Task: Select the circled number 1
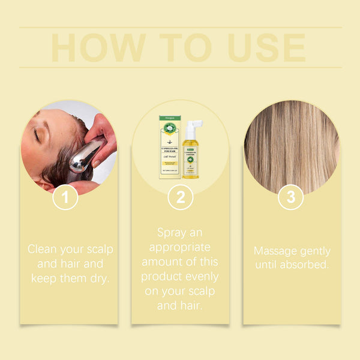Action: point(65,197)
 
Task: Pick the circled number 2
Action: point(180,197)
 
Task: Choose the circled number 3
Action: point(290,197)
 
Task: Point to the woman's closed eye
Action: point(37,136)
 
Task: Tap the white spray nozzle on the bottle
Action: point(194,127)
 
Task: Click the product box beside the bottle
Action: point(170,147)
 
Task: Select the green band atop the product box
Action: point(170,118)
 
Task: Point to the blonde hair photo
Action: point(292,147)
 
